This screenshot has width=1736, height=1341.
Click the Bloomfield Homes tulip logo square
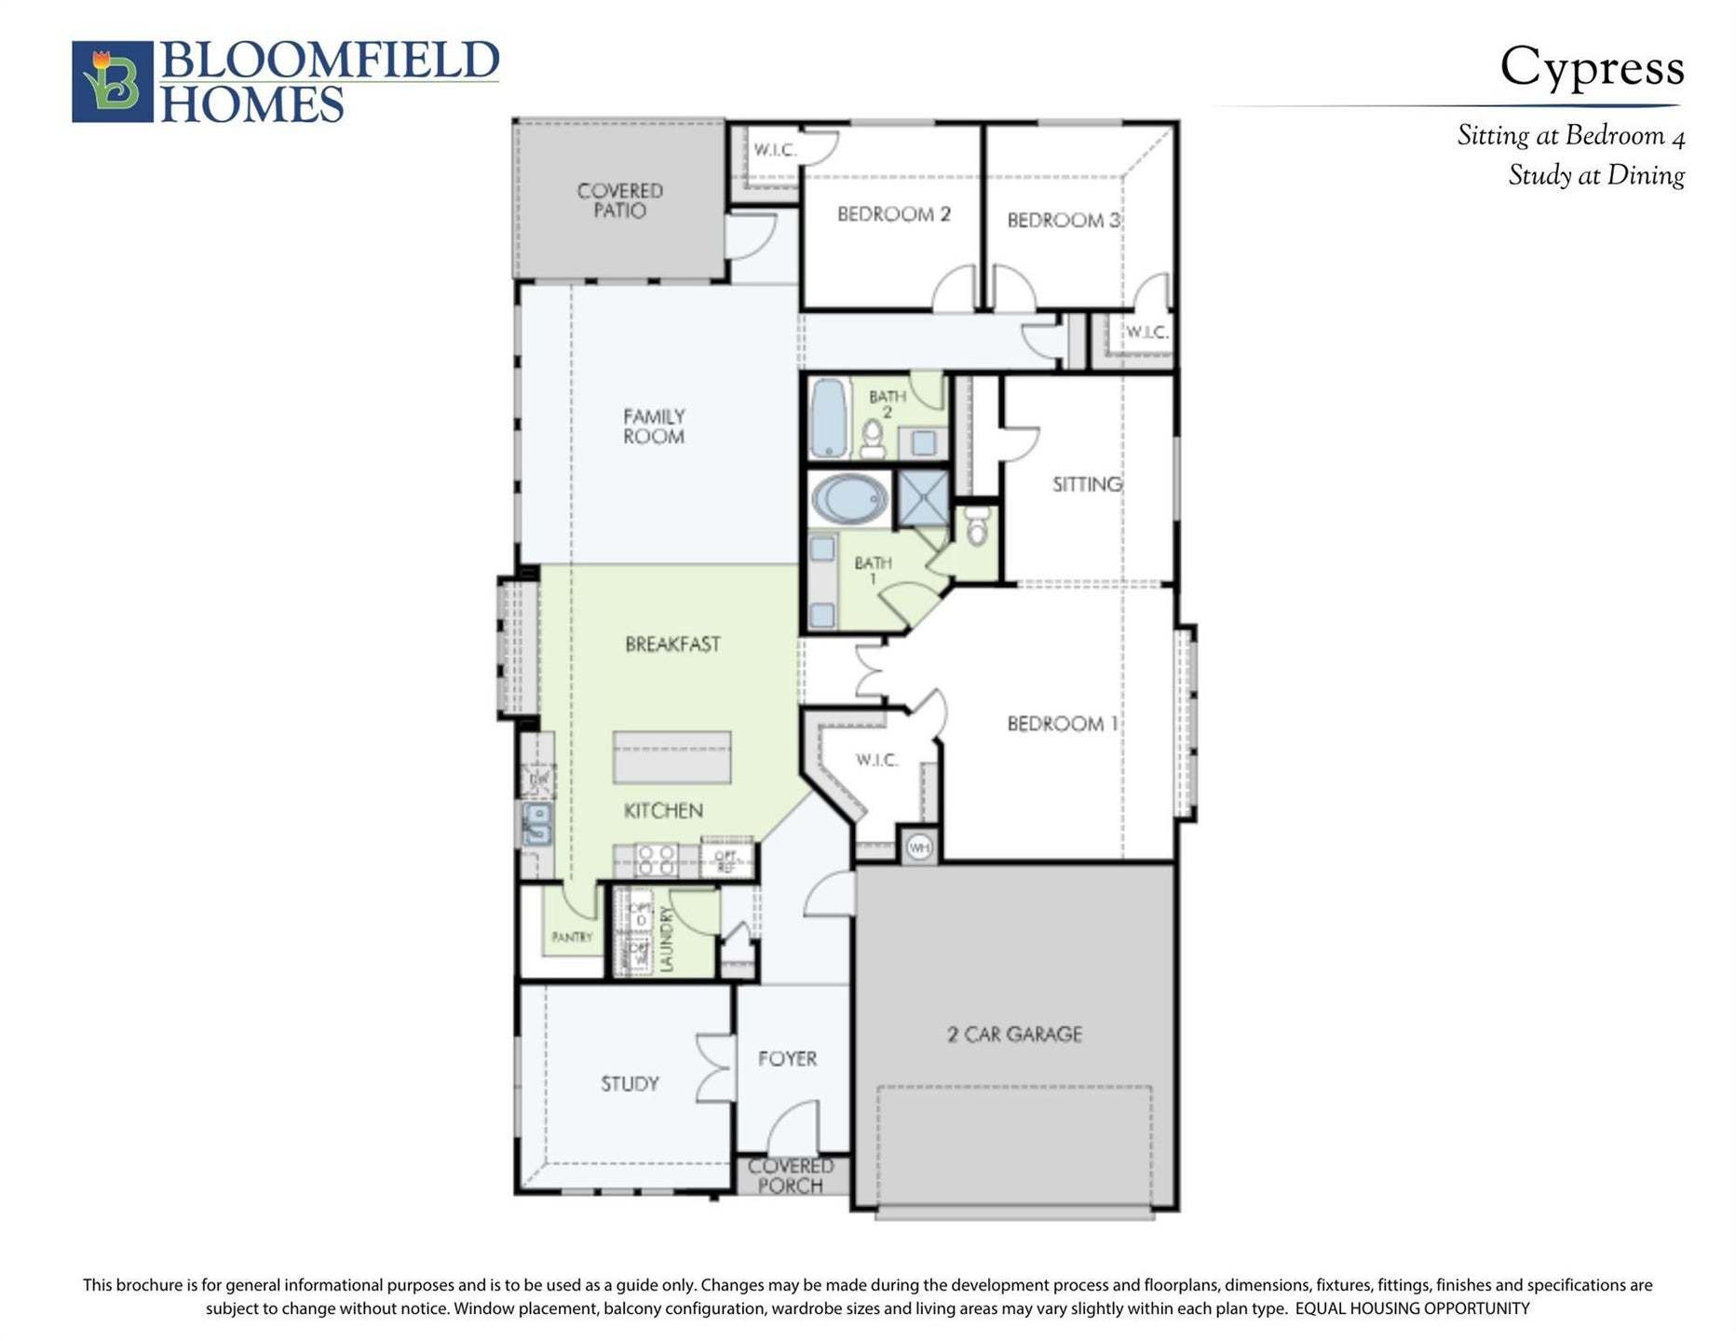click(x=112, y=81)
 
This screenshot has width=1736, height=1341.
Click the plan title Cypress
click(x=1591, y=67)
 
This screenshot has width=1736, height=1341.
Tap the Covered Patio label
click(x=619, y=200)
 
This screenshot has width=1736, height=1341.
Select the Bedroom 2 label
click(x=893, y=214)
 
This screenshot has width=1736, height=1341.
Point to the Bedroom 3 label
click(x=1063, y=221)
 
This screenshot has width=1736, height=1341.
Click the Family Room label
click(x=654, y=426)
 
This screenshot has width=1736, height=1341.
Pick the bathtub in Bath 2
click(x=828, y=417)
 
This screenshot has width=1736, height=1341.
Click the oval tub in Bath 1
click(x=849, y=499)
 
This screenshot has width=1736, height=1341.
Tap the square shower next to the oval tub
click(x=922, y=498)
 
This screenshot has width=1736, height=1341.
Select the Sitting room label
click(x=1087, y=484)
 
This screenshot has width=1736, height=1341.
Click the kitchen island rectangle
click(x=671, y=757)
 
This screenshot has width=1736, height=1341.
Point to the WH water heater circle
click(x=919, y=847)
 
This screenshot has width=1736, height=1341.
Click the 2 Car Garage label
click(x=1014, y=1034)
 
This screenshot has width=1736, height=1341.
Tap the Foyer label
click(x=787, y=1059)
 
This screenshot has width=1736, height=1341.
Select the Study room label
click(x=630, y=1084)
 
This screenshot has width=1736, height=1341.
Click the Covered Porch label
click(x=791, y=1176)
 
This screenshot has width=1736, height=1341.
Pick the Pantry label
click(x=571, y=937)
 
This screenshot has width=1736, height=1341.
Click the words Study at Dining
click(x=1595, y=176)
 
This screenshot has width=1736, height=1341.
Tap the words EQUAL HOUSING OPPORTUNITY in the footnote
click(x=1412, y=1308)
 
